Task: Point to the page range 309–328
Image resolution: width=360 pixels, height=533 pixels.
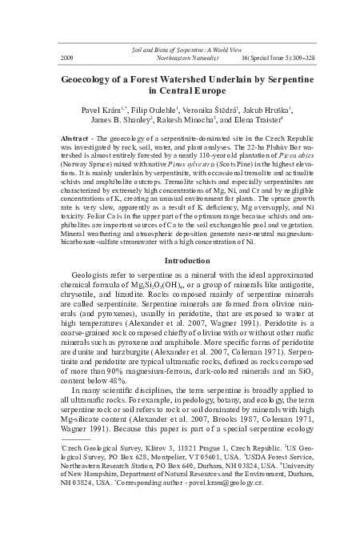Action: coord(283,58)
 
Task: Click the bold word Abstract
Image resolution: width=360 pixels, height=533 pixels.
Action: coord(75,138)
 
